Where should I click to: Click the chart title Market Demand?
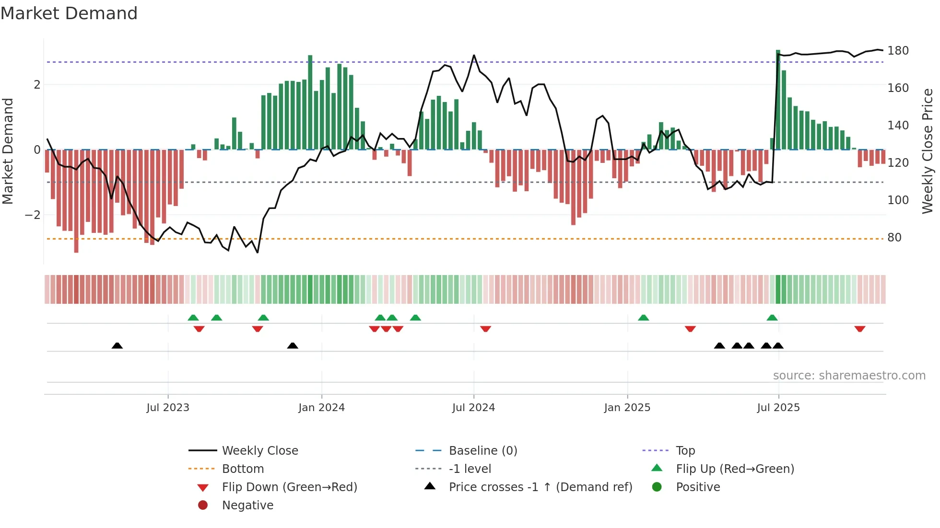(x=69, y=13)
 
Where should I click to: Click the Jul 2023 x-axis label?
(x=168, y=408)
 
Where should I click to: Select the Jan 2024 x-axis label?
(x=321, y=408)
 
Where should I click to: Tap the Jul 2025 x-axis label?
(x=778, y=408)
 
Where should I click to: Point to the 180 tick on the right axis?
(x=898, y=51)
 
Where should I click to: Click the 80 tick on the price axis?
(x=894, y=238)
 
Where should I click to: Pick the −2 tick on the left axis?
(x=33, y=215)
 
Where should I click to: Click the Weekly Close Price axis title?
(x=928, y=151)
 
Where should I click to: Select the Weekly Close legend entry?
(x=259, y=451)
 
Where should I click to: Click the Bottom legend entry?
(x=243, y=469)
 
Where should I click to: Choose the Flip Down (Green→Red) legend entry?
(x=289, y=487)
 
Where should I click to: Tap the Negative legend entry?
(x=247, y=505)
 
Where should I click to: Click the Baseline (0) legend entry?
(x=482, y=451)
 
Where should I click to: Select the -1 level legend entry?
(x=470, y=469)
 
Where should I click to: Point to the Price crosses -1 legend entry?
(x=540, y=487)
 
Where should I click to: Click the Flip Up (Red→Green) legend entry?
(x=735, y=469)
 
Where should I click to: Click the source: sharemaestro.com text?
(x=849, y=376)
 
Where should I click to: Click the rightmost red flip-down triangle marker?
(x=859, y=329)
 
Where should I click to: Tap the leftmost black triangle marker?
(x=117, y=345)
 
